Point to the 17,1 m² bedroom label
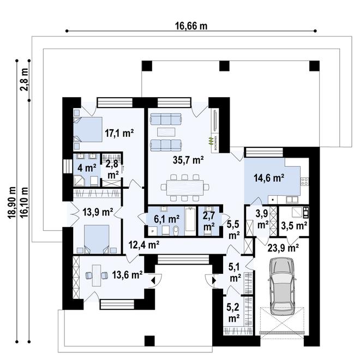(119, 133)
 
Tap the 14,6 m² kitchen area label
(268, 177)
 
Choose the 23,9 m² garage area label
(283, 247)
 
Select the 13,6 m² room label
(128, 275)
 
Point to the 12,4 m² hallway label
(143, 245)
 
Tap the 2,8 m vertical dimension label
(24, 80)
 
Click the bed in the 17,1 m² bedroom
(87, 130)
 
